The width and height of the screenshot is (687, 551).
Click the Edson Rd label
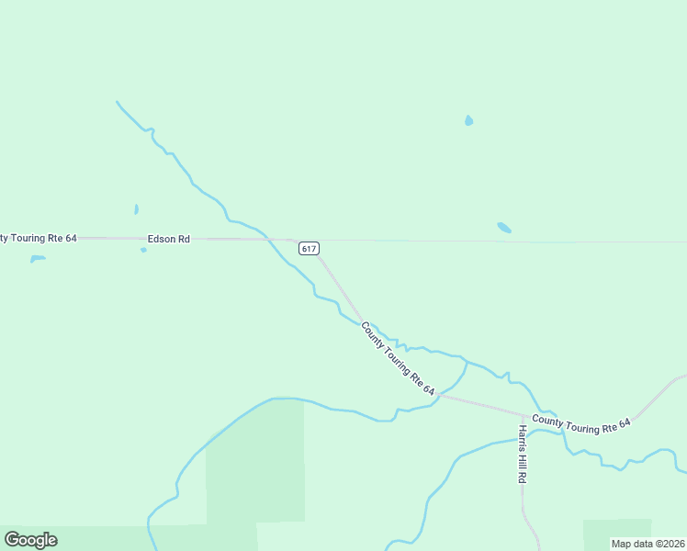168,239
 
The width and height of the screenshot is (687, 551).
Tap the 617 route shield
309,248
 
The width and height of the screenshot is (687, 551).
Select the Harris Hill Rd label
522,455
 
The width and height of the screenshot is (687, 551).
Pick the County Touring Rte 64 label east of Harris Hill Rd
581,425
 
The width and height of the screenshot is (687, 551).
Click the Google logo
30,540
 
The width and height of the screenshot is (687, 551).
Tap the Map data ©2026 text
648,544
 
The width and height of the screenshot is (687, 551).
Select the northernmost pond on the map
469,120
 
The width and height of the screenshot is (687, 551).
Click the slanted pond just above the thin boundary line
503,227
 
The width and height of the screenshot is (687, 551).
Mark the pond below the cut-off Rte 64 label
37,259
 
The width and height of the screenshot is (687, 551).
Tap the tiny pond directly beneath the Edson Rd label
143,250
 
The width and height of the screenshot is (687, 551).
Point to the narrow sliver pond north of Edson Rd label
136,209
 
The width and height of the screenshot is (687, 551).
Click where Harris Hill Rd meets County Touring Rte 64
523,414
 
